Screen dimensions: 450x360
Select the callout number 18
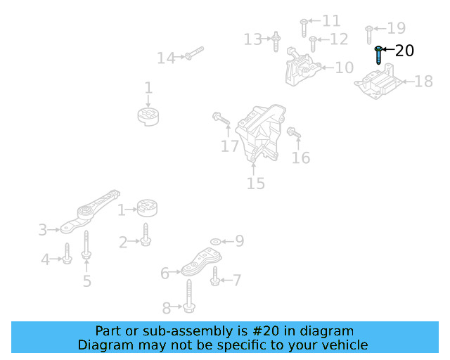[x=423, y=82]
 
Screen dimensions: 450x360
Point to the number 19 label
[x=397, y=28]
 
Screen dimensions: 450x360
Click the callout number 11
[x=330, y=21]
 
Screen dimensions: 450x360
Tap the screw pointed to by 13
[x=276, y=40]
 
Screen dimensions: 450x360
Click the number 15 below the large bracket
[x=255, y=184]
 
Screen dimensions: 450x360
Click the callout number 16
[x=301, y=158]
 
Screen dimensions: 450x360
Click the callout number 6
[x=165, y=273]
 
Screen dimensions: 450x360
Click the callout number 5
[x=86, y=281]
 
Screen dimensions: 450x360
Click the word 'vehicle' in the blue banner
[x=343, y=345]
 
